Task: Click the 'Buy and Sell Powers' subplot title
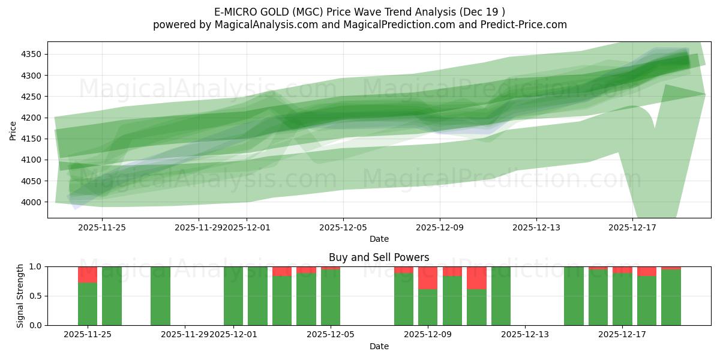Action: (379, 257)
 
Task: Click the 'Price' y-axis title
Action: (13, 130)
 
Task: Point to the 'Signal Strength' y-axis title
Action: (20, 296)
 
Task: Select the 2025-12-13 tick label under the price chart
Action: (536, 227)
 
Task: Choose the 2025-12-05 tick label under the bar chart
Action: (331, 334)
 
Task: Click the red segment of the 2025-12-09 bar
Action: (428, 278)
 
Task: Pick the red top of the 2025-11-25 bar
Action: (88, 275)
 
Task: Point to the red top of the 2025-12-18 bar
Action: (647, 271)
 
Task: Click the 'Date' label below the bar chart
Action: (379, 346)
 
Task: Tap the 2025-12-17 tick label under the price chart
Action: (633, 227)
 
